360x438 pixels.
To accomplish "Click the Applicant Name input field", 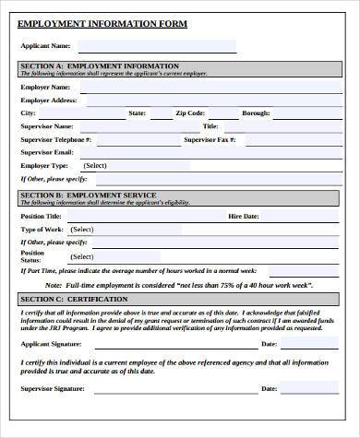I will [153, 45].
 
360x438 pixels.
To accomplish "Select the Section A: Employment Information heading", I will [100, 67].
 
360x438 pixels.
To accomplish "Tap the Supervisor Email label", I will [48, 152].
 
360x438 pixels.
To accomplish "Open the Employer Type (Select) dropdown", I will [148, 166].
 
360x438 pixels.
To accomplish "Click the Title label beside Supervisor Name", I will [210, 125].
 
